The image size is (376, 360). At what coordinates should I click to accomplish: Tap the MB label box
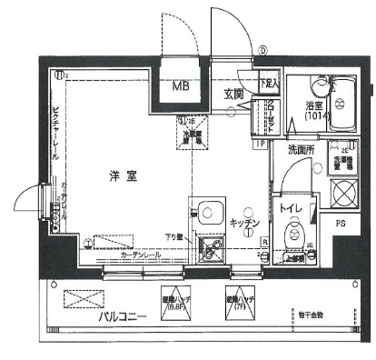182,88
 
